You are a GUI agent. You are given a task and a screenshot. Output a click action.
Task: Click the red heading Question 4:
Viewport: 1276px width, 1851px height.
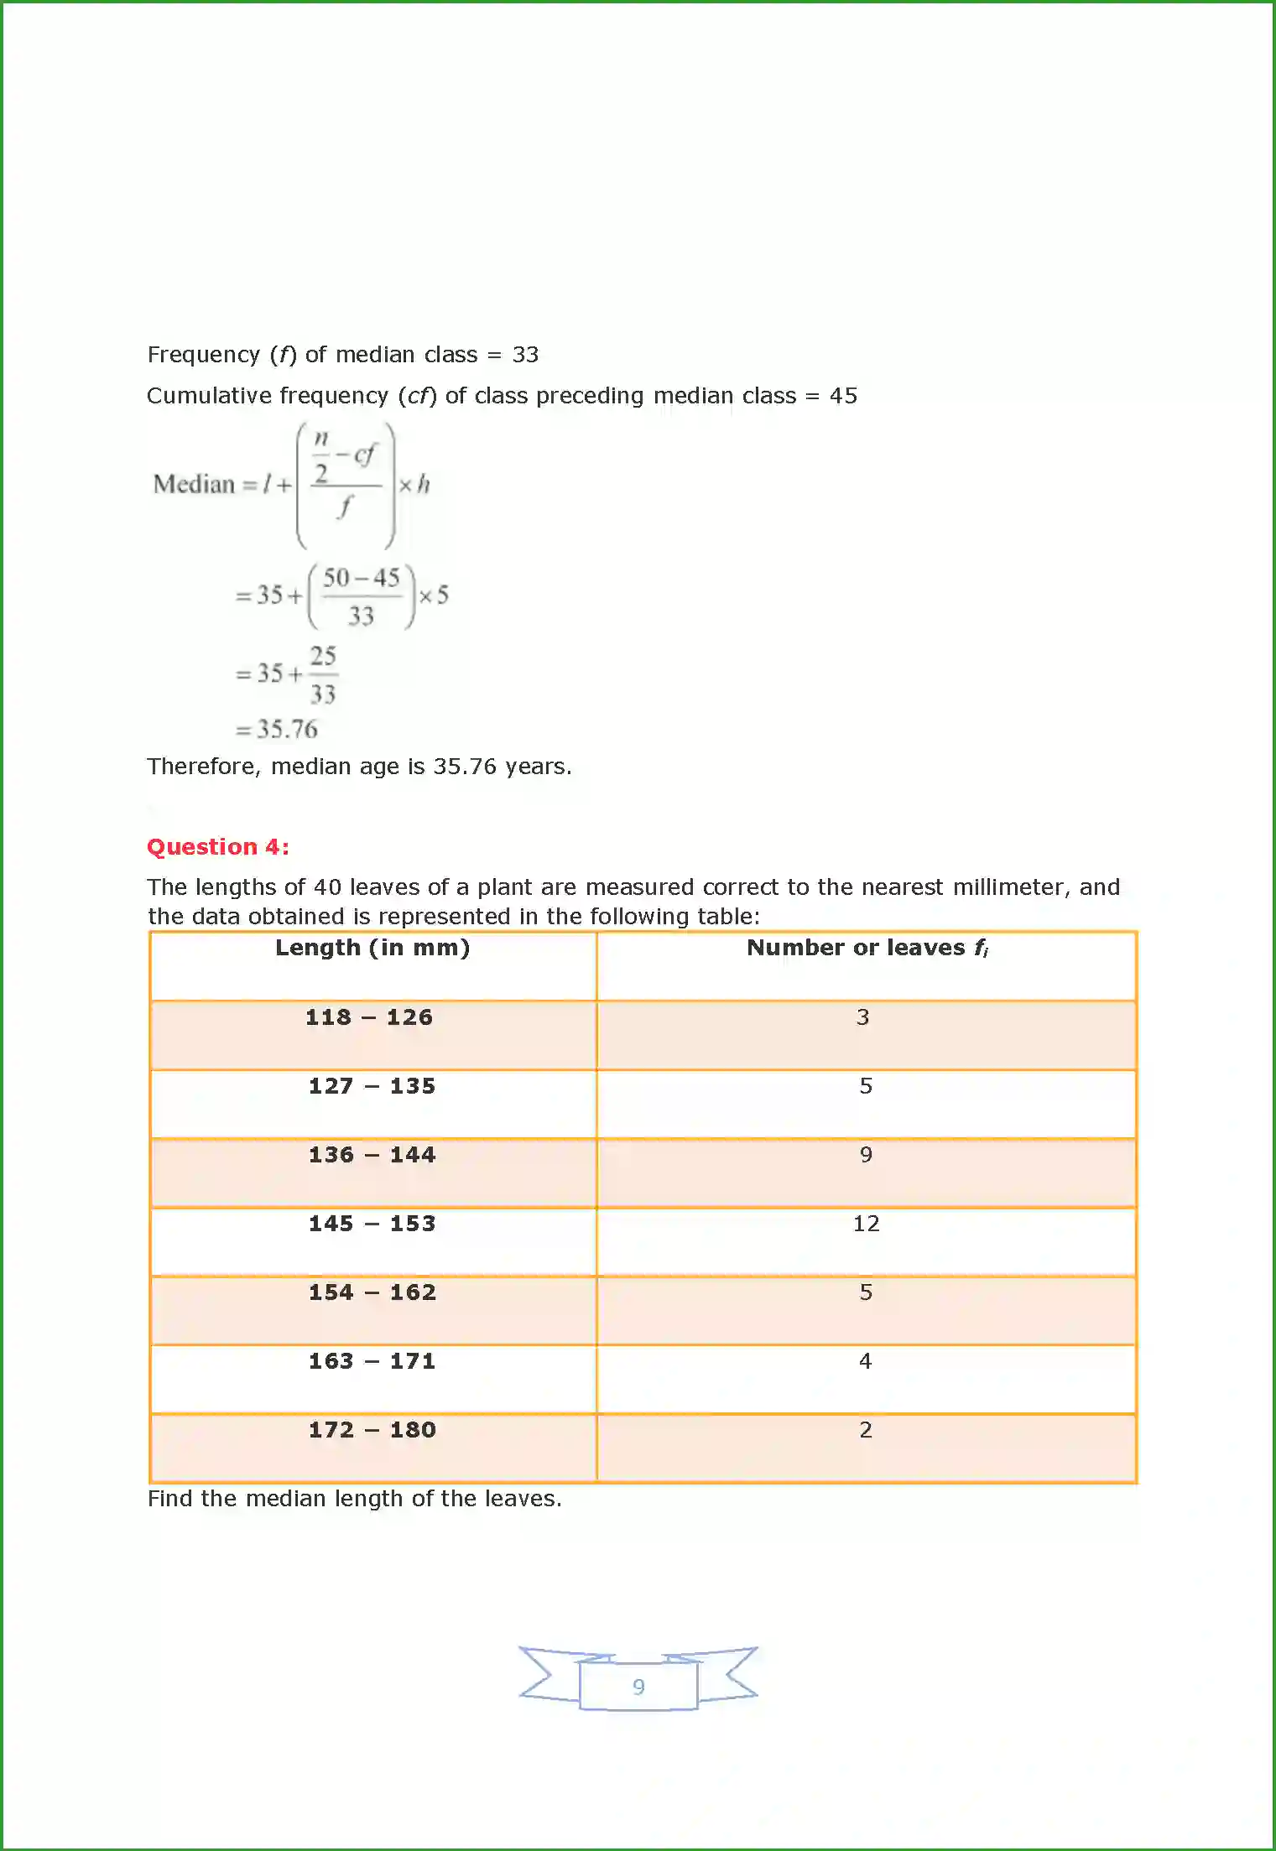(x=218, y=847)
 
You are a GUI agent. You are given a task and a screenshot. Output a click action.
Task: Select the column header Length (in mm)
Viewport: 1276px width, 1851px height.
(x=372, y=948)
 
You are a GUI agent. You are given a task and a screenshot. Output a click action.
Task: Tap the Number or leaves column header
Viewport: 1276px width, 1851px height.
(x=867, y=948)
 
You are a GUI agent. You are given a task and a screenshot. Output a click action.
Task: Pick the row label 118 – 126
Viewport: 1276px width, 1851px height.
(x=369, y=1017)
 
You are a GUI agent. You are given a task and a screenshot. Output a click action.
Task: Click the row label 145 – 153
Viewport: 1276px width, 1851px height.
(x=372, y=1224)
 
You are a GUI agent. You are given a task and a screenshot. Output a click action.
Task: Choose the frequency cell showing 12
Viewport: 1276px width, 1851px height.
(x=866, y=1224)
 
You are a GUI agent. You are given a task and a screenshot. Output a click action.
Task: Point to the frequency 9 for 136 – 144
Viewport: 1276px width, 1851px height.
(x=866, y=1155)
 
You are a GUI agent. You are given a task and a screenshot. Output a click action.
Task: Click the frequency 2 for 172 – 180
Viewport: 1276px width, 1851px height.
(x=866, y=1430)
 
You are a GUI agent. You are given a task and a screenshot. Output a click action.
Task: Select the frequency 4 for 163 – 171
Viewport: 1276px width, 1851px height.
(x=866, y=1361)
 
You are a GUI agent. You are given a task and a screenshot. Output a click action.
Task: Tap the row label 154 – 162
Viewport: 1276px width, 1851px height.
(x=372, y=1292)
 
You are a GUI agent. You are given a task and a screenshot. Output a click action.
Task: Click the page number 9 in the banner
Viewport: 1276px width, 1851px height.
(x=638, y=1687)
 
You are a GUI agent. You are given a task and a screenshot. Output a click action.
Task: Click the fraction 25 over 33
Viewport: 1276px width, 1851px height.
(x=323, y=675)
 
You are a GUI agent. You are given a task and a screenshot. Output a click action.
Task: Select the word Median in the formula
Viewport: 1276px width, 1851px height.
(x=194, y=485)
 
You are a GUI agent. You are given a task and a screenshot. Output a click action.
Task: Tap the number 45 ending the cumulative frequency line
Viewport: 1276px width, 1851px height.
(x=843, y=396)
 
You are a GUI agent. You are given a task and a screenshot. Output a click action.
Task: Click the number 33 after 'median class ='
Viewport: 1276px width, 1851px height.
(x=525, y=355)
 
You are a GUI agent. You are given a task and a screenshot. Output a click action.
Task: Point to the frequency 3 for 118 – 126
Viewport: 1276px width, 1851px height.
(x=862, y=1017)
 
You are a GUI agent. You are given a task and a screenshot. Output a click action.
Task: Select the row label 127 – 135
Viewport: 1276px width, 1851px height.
(x=372, y=1086)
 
